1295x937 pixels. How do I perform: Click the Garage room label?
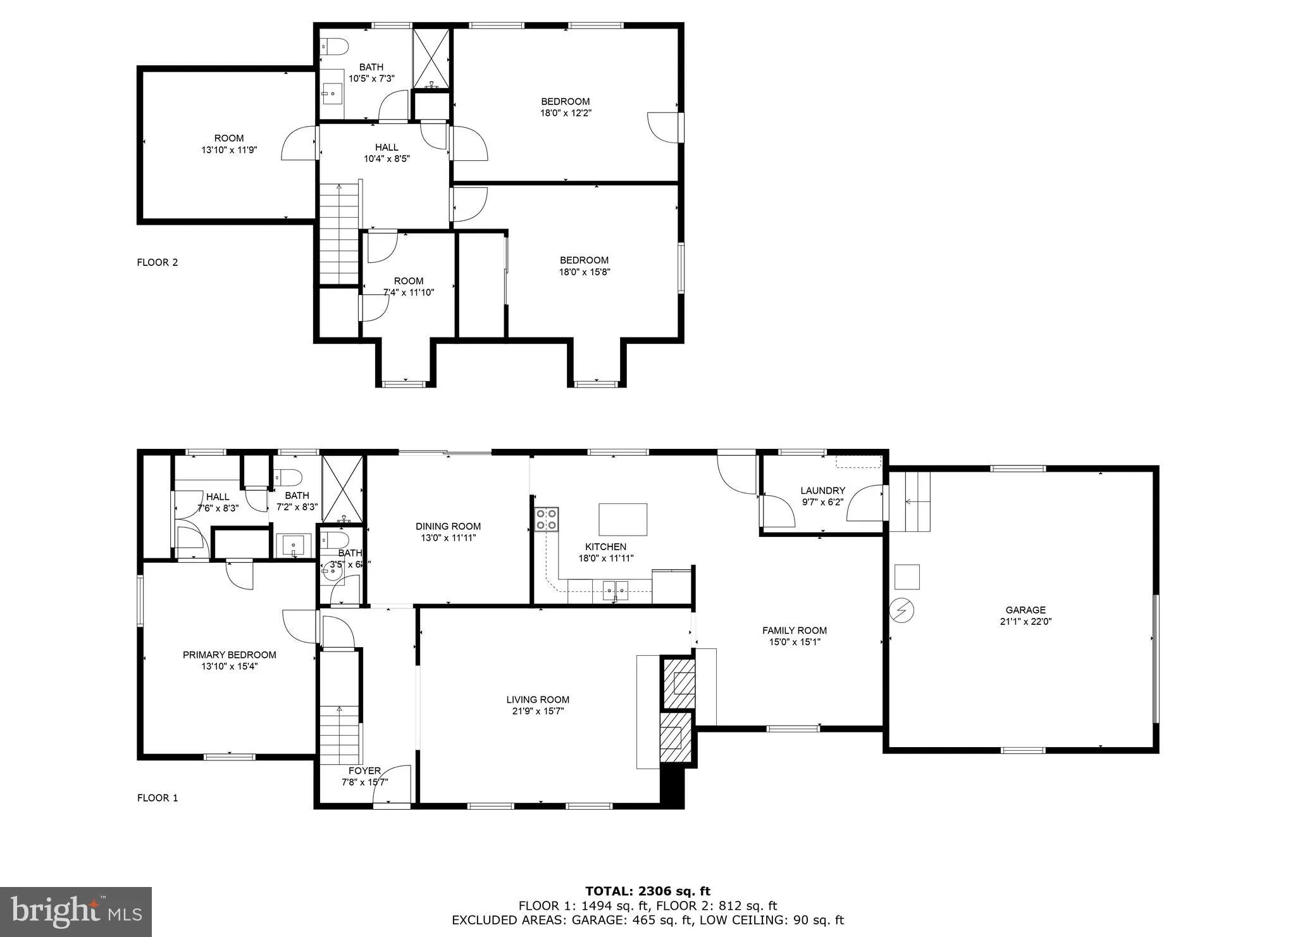[1025, 610]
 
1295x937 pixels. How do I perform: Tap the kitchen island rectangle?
[623, 519]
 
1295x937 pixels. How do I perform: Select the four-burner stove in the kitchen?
[547, 519]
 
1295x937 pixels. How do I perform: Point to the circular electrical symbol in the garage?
[903, 611]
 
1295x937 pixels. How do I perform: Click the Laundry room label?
[822, 491]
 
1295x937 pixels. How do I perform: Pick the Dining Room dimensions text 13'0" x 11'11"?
[448, 538]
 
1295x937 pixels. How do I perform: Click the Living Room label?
[538, 700]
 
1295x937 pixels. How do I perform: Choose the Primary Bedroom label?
[229, 655]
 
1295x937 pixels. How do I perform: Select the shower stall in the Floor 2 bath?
[431, 58]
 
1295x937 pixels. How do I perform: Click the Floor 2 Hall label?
[387, 148]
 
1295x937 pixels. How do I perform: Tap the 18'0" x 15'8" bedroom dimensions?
[584, 272]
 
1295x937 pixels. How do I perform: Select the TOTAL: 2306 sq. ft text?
[648, 891]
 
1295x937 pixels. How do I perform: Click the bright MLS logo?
[76, 912]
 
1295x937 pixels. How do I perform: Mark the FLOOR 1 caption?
[158, 798]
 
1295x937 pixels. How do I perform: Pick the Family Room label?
[794, 631]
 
